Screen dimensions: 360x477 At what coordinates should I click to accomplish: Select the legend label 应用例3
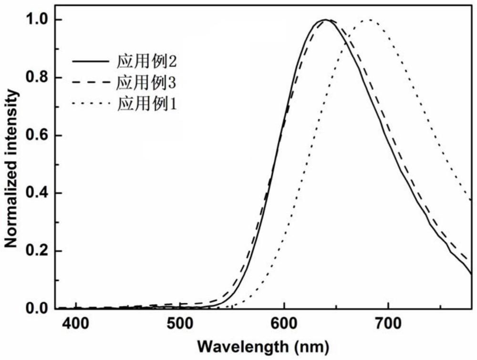(x=147, y=83)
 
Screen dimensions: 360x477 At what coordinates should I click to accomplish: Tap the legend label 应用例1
(x=147, y=103)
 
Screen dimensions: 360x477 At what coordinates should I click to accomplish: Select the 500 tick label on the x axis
(x=180, y=325)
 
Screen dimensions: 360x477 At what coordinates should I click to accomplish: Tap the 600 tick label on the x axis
(x=284, y=325)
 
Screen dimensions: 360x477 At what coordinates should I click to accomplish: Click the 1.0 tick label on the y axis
(x=39, y=20)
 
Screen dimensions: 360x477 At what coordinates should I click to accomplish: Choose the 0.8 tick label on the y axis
(x=39, y=78)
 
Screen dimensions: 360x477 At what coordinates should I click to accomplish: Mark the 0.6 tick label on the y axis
(x=39, y=136)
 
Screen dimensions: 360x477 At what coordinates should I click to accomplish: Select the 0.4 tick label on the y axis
(x=39, y=193)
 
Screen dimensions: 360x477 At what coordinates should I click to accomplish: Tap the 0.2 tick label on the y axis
(x=39, y=251)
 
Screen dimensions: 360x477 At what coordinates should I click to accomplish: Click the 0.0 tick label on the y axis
(x=39, y=309)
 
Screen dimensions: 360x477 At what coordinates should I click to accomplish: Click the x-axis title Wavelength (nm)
(x=264, y=345)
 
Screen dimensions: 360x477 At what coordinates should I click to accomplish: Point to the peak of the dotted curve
(x=368, y=20)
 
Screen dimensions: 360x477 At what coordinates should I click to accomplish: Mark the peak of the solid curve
(x=324, y=20)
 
